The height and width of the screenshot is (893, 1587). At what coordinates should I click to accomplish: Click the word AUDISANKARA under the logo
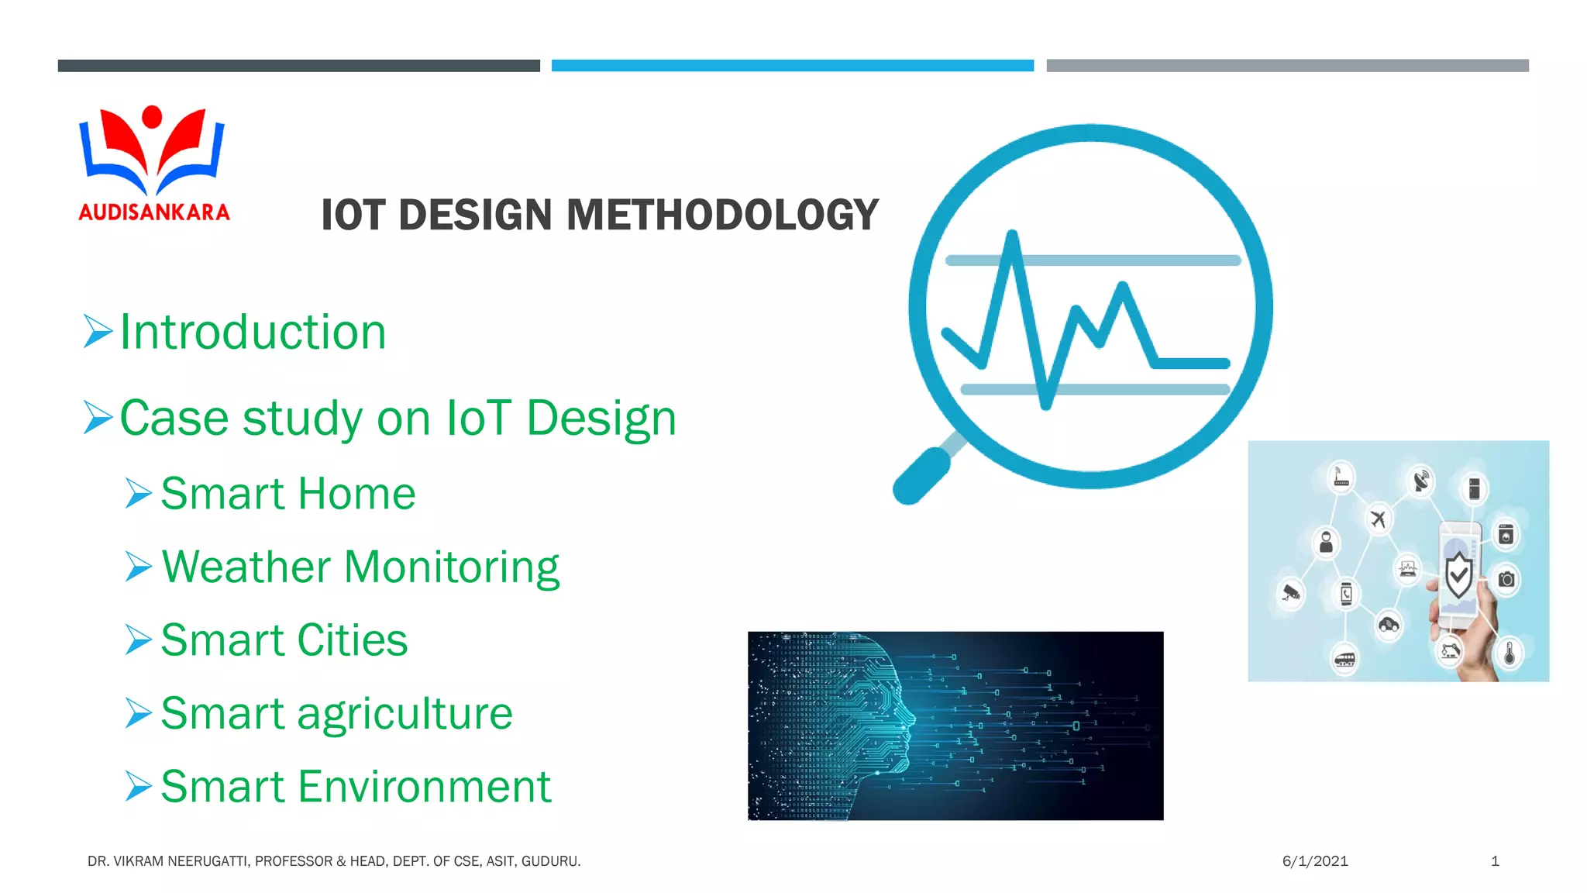[x=154, y=212]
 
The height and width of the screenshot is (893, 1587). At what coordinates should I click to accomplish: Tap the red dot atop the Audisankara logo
[x=153, y=117]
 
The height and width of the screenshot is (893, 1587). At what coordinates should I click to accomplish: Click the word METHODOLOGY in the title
[x=722, y=215]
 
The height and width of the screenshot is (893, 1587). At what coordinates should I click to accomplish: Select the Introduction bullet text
[x=253, y=332]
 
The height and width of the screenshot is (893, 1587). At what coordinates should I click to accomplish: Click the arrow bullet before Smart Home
[x=139, y=494]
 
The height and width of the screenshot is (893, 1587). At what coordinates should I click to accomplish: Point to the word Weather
[x=246, y=567]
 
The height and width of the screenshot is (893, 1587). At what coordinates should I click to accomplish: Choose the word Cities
[x=352, y=640]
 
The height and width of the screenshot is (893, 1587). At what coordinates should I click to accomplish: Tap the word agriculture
[x=404, y=713]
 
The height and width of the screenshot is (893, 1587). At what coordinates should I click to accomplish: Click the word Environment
[x=424, y=787]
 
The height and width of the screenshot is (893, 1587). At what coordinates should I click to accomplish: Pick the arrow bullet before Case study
[x=98, y=418]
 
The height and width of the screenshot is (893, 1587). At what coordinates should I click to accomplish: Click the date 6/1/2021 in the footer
[x=1315, y=861]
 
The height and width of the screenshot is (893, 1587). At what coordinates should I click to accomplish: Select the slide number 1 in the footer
[x=1495, y=861]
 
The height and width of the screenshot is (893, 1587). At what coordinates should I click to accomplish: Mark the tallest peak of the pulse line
[x=1011, y=234]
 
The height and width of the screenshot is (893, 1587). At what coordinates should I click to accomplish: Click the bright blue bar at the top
[x=792, y=66]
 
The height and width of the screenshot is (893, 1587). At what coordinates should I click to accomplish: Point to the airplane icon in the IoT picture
[x=1378, y=518]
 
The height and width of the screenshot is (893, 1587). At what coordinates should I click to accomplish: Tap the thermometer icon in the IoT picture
[x=1509, y=653]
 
